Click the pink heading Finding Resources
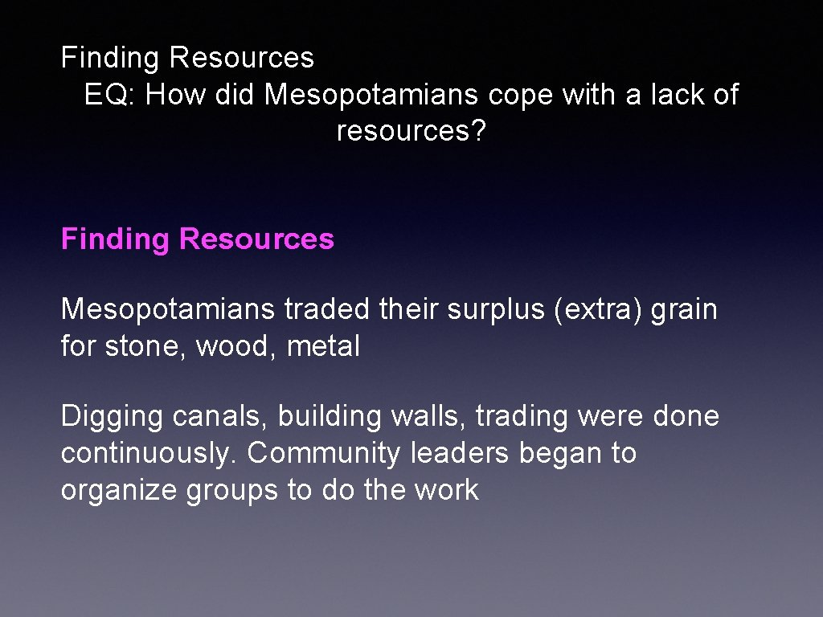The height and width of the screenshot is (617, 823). tap(198, 239)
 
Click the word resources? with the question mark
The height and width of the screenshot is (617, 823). tap(411, 130)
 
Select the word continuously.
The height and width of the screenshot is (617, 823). tap(149, 454)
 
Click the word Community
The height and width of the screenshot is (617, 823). tap(323, 454)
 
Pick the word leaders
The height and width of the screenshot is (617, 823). tap(460, 454)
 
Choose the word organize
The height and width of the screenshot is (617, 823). tap(119, 491)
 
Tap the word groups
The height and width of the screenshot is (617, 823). tap(232, 491)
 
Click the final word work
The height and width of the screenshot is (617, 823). tap(446, 490)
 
